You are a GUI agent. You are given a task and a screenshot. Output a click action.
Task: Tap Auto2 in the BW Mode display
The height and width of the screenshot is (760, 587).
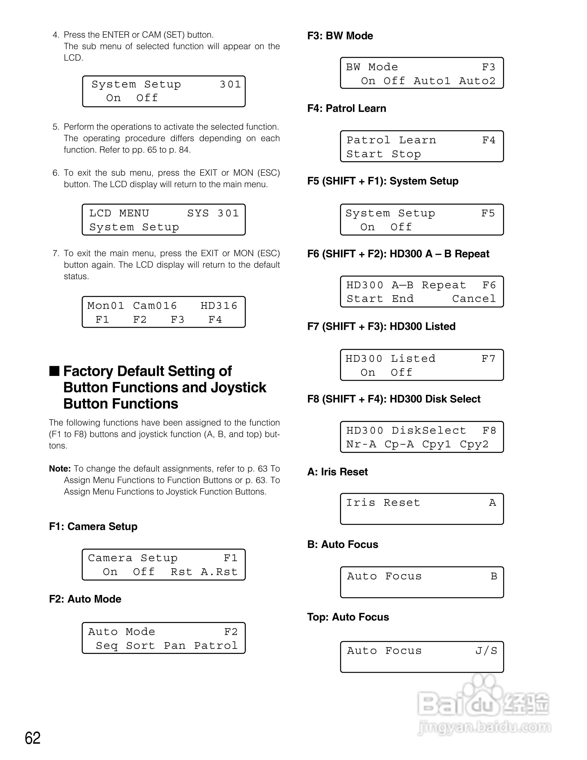[x=477, y=81]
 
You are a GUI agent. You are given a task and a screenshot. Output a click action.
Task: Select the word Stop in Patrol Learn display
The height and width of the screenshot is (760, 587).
[x=406, y=154]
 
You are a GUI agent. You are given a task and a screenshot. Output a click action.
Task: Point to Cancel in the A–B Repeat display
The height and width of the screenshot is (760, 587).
[x=474, y=299]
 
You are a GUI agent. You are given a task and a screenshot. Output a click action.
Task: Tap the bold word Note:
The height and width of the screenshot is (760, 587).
[x=60, y=469]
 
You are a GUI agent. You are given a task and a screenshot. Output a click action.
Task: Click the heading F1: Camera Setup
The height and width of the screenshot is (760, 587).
[x=93, y=526]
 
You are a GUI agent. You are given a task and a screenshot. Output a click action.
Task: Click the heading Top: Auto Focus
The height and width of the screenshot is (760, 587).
[x=348, y=617]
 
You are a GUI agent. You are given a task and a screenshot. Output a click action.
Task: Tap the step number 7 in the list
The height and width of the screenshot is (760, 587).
[x=56, y=253]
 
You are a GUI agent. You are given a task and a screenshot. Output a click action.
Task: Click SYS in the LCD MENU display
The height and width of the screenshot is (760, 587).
[x=198, y=213]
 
